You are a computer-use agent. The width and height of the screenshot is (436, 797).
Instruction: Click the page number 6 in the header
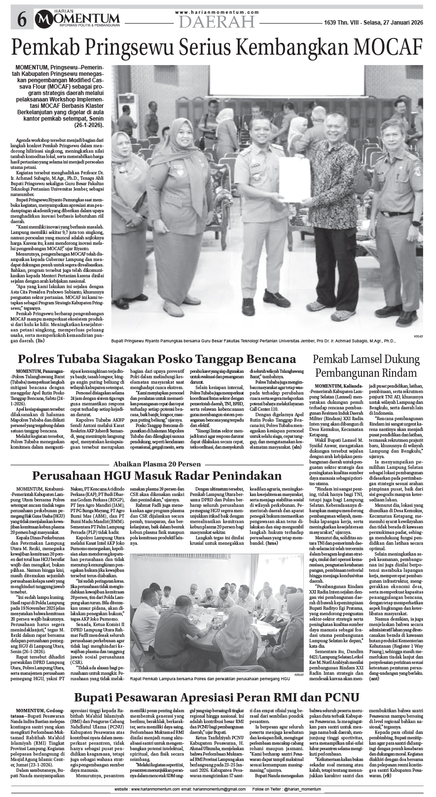click(x=22, y=20)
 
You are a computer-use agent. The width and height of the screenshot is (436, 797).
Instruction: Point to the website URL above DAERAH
click(x=217, y=12)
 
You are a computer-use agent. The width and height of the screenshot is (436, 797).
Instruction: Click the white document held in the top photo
click(x=292, y=175)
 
